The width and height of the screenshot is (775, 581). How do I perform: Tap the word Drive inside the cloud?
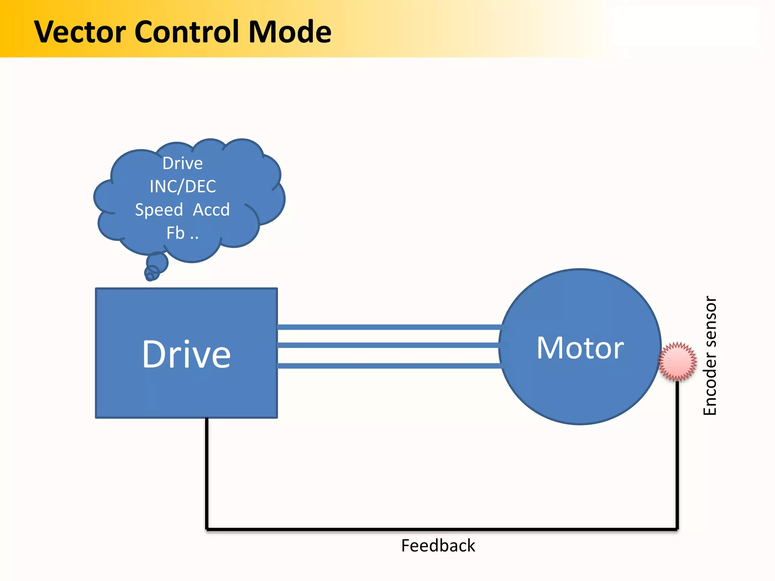(x=183, y=163)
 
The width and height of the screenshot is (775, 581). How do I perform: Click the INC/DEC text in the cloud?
(x=183, y=186)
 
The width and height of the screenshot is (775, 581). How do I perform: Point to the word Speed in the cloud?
(x=159, y=210)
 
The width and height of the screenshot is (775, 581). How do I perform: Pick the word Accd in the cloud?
(x=211, y=210)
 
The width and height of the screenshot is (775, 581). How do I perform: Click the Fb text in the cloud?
(x=176, y=233)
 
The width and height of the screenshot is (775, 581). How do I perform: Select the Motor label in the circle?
(x=580, y=348)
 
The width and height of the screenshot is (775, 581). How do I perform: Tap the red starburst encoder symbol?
(x=677, y=362)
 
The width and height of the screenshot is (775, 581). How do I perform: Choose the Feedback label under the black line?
(x=438, y=546)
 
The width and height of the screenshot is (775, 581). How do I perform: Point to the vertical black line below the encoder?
(x=677, y=454)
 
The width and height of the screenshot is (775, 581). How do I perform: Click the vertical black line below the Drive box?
(x=207, y=473)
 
